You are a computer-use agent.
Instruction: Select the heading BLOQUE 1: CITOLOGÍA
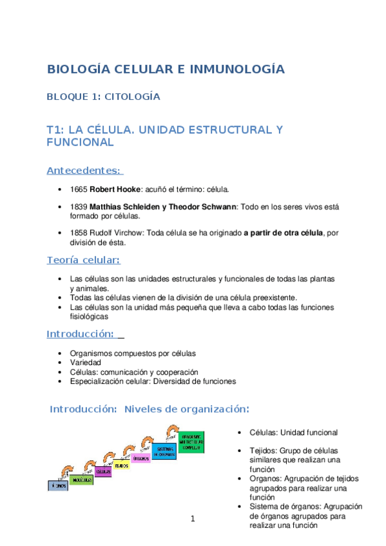103,97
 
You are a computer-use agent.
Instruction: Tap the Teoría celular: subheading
84,260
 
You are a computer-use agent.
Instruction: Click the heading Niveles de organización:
186,409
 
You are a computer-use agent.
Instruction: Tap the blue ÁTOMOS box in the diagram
57,485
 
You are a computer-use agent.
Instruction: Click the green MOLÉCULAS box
81,480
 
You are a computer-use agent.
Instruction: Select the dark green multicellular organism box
195,441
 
